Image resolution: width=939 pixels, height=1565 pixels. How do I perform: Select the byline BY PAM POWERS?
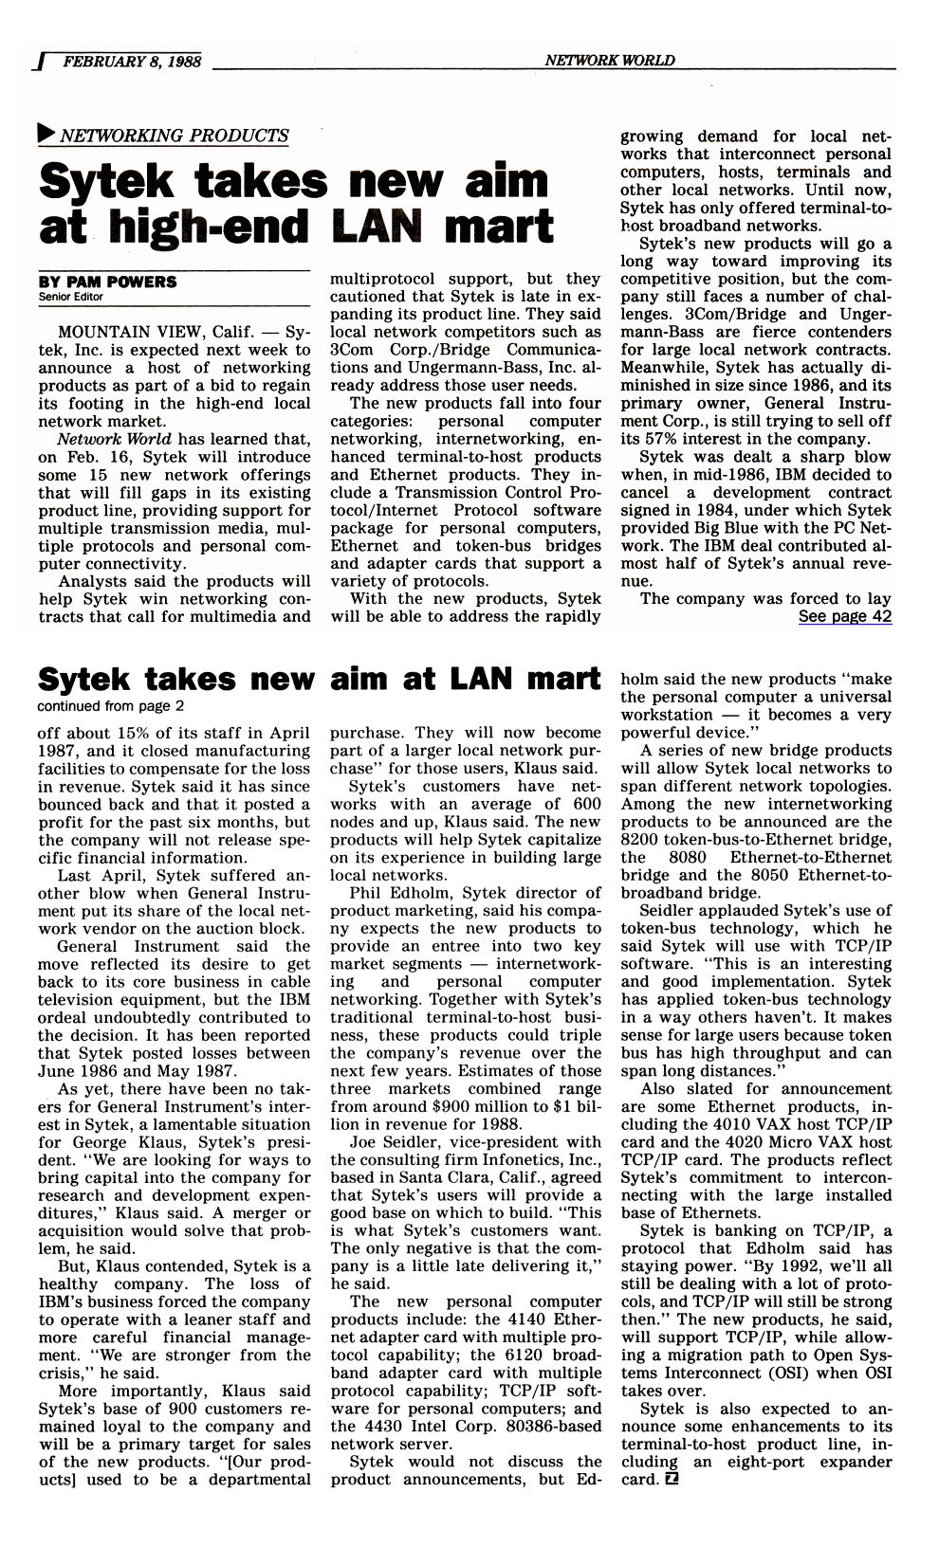[107, 282]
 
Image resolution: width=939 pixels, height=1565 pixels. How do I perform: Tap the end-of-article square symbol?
[672, 1480]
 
